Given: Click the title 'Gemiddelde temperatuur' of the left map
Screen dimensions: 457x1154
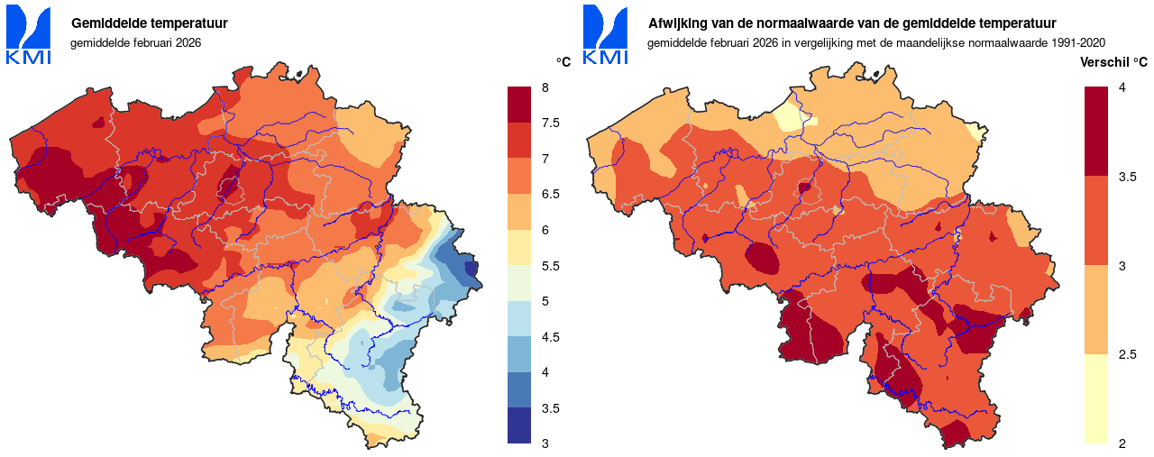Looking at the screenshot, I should pos(149,23).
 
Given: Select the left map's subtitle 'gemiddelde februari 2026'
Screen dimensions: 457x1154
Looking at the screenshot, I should pos(135,42).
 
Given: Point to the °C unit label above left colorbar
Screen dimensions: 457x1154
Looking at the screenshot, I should pos(563,62).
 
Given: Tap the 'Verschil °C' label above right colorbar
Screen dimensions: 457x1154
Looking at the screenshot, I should pos(1113,62).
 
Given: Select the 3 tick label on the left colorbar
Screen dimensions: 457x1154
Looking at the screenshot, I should pos(545,443).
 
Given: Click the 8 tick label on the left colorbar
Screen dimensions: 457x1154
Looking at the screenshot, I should pos(545,87).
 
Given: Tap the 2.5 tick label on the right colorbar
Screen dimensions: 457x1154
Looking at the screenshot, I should pos(1127,355).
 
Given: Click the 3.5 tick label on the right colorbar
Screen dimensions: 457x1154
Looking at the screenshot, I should pos(1127,177).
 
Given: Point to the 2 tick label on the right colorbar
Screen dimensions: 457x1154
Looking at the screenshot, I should pos(1122,443).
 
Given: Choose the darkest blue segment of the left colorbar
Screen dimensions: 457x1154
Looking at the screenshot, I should pos(520,425).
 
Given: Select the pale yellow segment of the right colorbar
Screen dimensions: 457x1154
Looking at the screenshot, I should pos(1096,398).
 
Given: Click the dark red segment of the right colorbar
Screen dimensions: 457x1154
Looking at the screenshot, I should pos(1096,132).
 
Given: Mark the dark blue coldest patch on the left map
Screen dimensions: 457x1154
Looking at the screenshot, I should pos(471,269).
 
